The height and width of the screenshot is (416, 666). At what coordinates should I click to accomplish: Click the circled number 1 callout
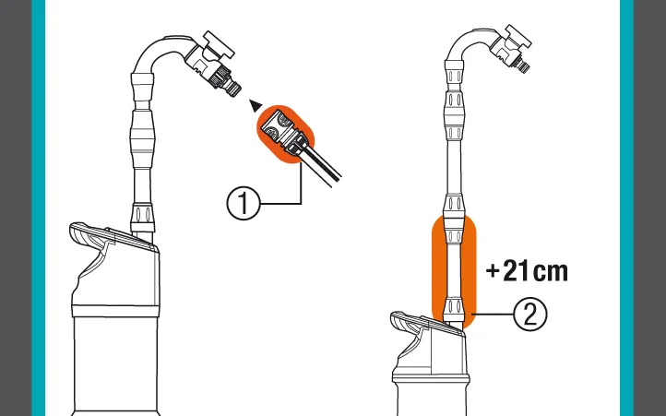[243, 204]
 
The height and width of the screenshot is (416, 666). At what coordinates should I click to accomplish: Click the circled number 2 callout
[530, 315]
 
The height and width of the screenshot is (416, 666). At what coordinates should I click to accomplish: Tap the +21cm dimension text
[527, 271]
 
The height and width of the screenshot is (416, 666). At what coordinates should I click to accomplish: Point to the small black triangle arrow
[256, 105]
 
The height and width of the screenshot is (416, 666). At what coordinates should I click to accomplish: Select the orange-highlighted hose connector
[285, 135]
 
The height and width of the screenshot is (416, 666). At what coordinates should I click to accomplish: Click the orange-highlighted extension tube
[454, 272]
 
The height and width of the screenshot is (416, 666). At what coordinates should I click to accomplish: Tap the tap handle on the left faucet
[219, 45]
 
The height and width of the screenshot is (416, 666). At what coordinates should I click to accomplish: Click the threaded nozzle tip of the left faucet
[233, 89]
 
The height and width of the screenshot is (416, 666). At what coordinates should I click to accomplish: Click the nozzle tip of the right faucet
[525, 66]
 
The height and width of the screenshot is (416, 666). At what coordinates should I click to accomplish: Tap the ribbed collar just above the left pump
[142, 218]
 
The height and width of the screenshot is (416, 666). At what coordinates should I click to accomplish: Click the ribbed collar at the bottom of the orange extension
[454, 309]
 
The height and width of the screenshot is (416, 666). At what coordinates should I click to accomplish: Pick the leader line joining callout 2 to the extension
[493, 315]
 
